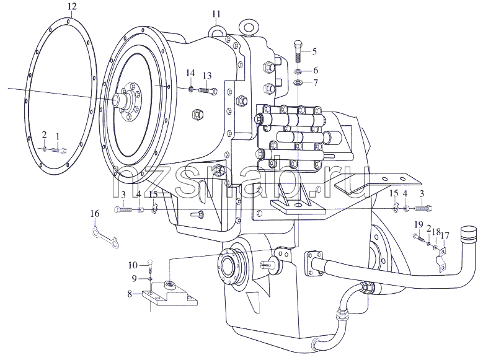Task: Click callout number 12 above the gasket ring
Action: (x=71, y=6)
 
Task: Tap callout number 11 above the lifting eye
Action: (x=216, y=14)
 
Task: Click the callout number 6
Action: (x=316, y=71)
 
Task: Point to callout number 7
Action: (x=316, y=82)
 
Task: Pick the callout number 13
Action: (x=207, y=76)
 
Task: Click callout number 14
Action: (x=191, y=73)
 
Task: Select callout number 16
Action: (x=95, y=213)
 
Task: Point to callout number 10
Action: (x=133, y=265)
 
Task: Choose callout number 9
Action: (x=134, y=279)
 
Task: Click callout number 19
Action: (x=419, y=225)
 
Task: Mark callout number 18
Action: (x=436, y=232)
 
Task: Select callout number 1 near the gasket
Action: (x=57, y=135)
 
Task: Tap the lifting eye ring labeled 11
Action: (x=216, y=30)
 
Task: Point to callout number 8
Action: (x=130, y=294)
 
